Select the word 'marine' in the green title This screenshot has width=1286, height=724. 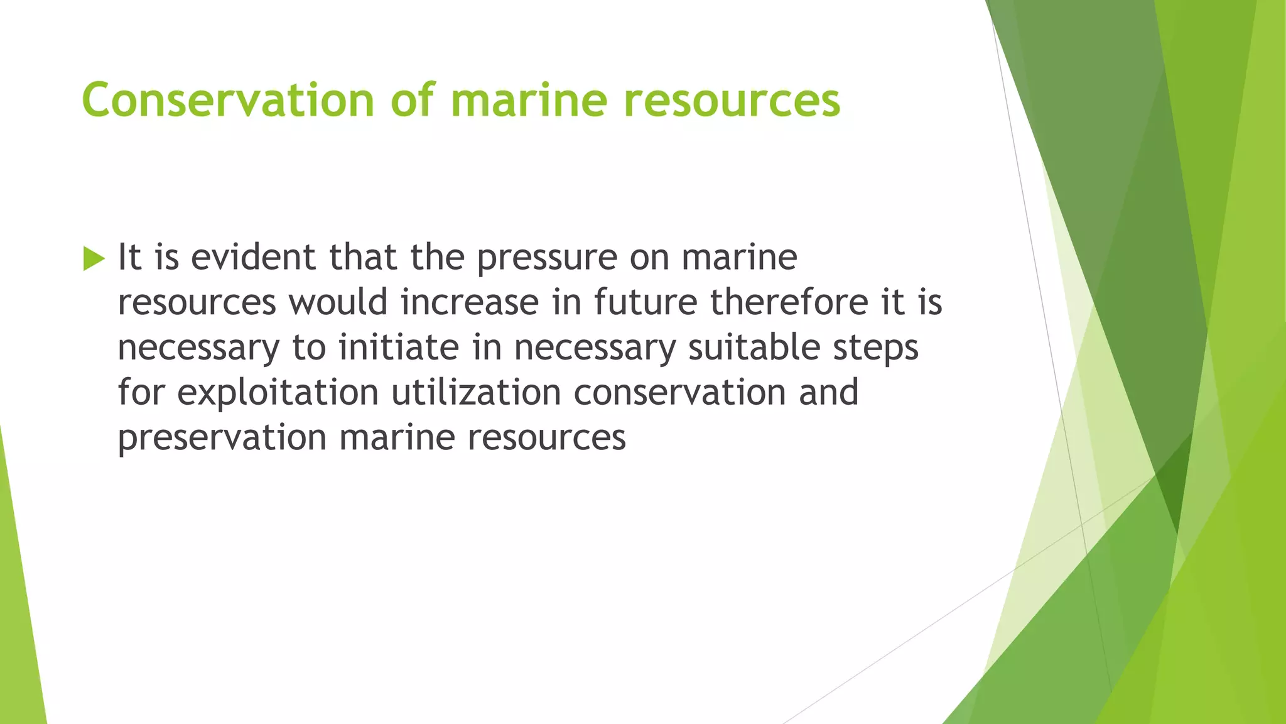(529, 101)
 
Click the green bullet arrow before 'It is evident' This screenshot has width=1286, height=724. (94, 258)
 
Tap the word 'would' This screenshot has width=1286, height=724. (338, 302)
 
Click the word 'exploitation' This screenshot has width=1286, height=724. (278, 393)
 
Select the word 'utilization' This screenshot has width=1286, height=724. (476, 393)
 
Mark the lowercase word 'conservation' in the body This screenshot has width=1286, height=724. (679, 393)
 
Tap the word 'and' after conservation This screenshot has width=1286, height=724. (829, 393)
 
